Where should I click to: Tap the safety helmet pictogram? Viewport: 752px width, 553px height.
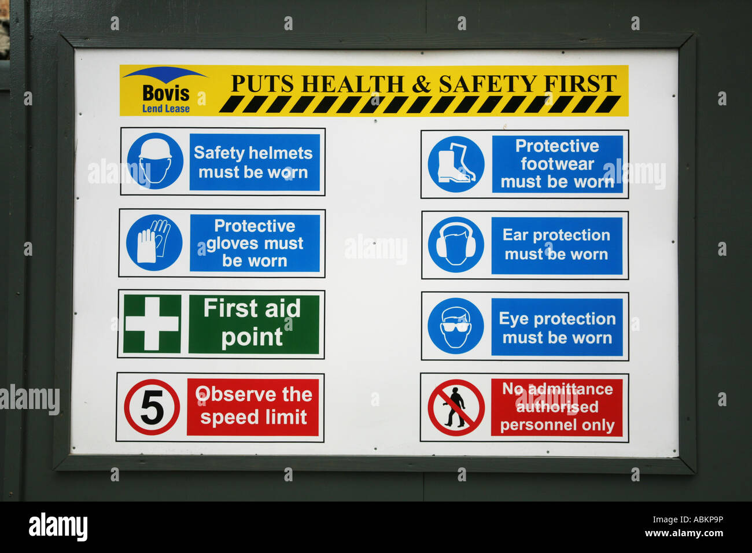point(155,161)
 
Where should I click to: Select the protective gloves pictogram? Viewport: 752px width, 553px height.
point(154,243)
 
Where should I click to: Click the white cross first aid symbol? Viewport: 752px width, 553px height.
point(152,324)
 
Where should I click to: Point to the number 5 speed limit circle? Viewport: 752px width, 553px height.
point(152,407)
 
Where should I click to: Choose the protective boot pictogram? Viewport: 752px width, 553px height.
point(456,164)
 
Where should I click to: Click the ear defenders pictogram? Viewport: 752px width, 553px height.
point(456,245)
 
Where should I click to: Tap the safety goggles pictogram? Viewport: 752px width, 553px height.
point(456,326)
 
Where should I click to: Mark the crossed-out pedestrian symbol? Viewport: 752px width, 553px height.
point(456,407)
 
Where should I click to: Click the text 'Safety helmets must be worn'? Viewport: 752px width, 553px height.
point(254,163)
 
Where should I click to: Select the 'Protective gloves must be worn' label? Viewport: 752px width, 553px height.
point(255,243)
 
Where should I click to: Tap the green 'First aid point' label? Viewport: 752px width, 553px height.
point(253,324)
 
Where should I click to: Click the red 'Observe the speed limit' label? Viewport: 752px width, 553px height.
point(253,407)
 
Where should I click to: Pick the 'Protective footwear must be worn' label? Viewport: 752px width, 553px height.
point(557,164)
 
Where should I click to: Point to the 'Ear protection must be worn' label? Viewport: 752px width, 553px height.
point(556,245)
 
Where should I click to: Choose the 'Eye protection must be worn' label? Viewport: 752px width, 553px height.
point(557,327)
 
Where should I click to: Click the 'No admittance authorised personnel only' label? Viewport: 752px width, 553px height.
point(556,407)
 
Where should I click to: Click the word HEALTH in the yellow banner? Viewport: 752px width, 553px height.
point(353,84)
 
